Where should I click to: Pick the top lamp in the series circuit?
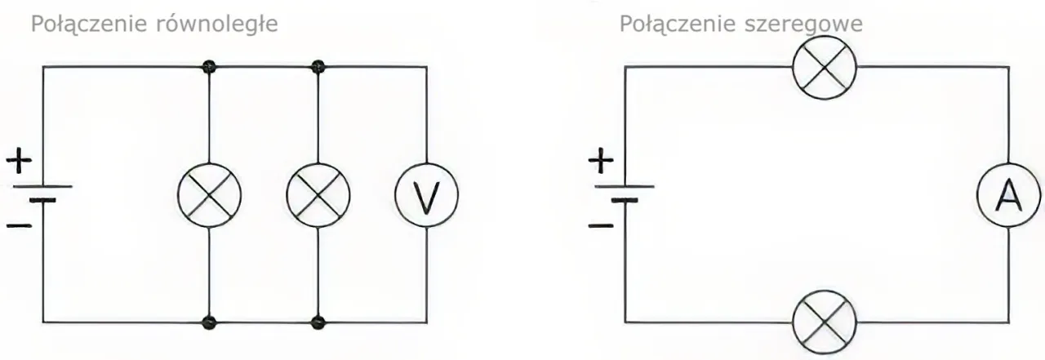tap(825, 65)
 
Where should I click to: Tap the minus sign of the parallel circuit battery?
tap(18, 223)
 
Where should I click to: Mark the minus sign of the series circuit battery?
tap(600, 223)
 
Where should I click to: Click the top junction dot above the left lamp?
tap(211, 65)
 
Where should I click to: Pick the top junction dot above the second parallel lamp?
tap(318, 65)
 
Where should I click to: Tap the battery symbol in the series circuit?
tap(625, 193)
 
